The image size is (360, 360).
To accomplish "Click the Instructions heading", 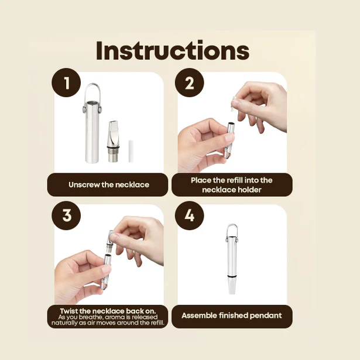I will pos(172,50).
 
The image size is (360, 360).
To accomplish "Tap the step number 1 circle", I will pos(67,84).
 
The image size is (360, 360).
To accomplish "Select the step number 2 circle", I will pos(189,84).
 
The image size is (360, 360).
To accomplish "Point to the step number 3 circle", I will pos(67,215).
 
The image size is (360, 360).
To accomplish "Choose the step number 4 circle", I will pos(189,215).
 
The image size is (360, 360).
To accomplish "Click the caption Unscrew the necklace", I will pos(109,184).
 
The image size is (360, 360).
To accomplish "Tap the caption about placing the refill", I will pos(231,184).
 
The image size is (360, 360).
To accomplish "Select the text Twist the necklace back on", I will pos(109,310).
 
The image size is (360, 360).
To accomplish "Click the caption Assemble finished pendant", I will pos(231,316).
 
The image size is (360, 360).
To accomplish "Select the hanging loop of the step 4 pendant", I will pos(232,231).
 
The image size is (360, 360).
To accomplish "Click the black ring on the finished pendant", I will pos(232,276).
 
